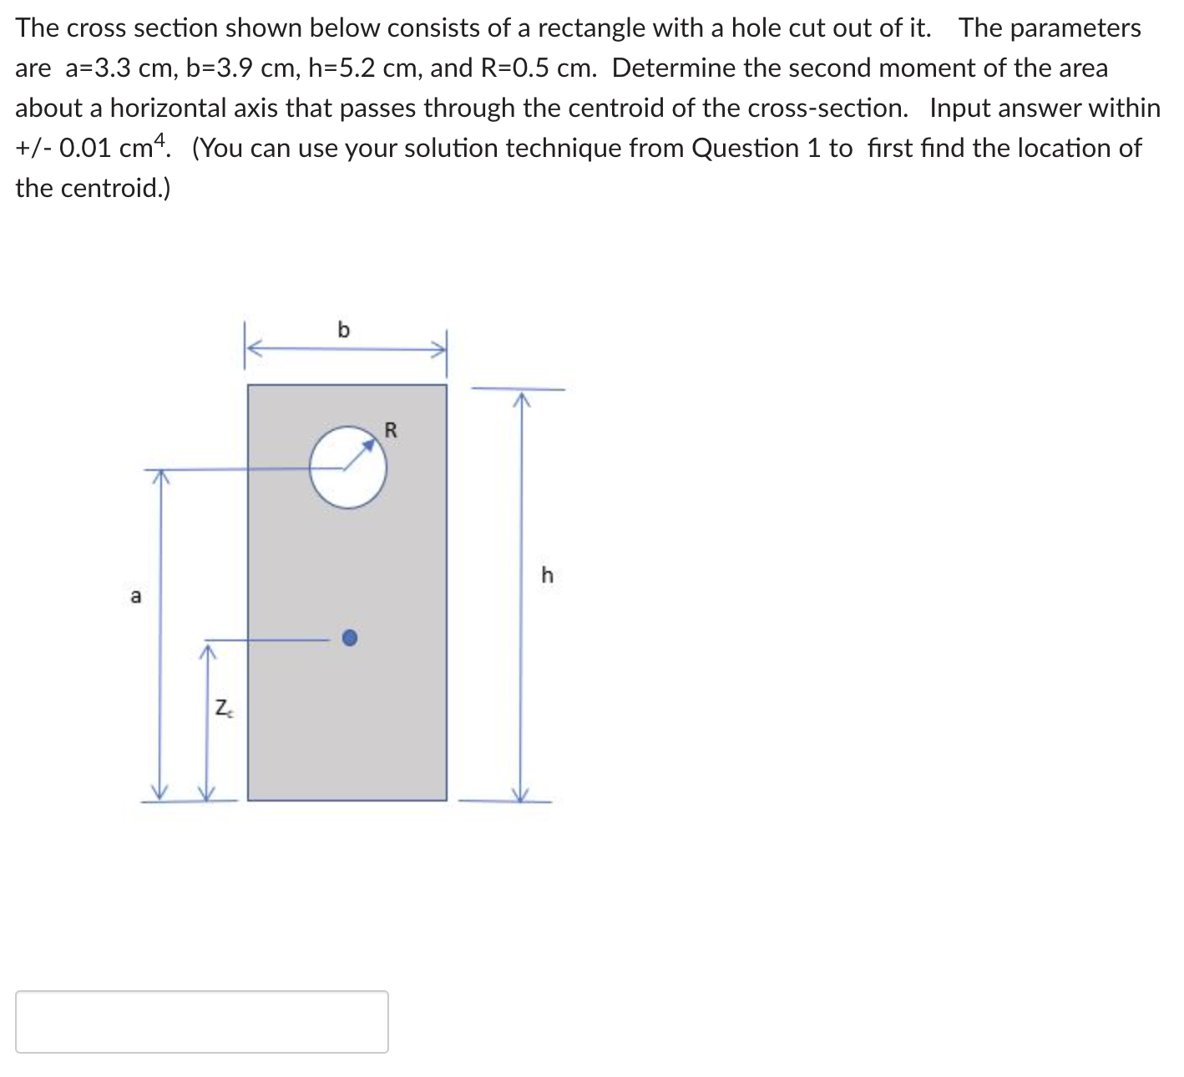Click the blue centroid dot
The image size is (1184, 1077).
[x=351, y=639]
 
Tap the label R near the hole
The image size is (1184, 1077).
[x=391, y=431]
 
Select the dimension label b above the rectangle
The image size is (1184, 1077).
[x=343, y=330]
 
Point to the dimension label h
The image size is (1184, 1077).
[x=548, y=575]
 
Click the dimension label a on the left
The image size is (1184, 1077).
[x=136, y=596]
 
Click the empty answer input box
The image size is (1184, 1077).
[x=201, y=1021]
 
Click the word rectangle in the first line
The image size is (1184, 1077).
[x=591, y=28]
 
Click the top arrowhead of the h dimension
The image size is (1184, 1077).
[x=521, y=398]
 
